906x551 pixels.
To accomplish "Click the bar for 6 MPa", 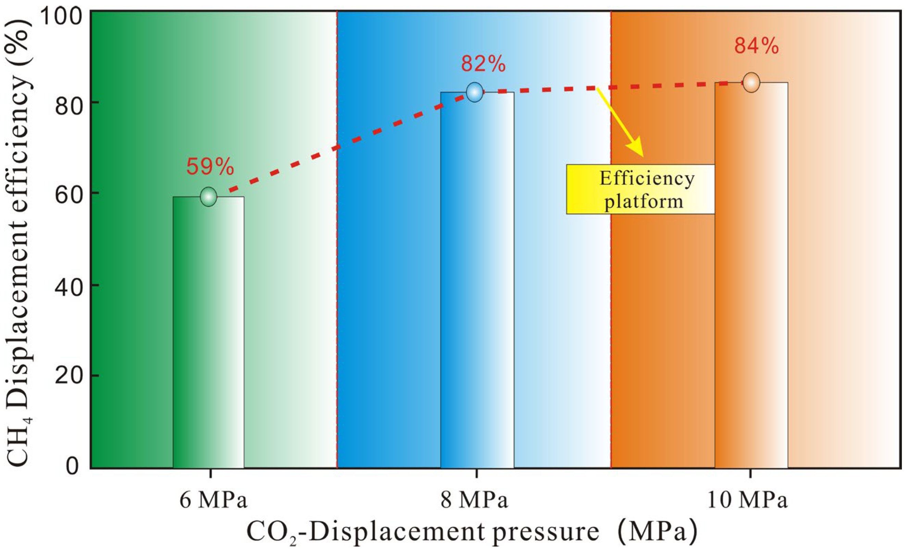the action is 209,332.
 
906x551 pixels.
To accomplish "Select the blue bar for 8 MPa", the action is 477,280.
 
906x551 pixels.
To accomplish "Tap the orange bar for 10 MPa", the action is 751,275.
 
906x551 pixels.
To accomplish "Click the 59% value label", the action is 210,167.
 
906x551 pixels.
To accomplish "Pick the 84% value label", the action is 756,46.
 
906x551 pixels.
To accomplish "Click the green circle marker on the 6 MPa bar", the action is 209,196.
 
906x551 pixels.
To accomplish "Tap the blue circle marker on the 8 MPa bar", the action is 475,92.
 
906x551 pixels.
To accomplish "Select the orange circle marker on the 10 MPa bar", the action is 751,82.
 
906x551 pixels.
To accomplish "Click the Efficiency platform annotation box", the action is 640,189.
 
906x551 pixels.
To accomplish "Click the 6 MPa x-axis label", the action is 213,501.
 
